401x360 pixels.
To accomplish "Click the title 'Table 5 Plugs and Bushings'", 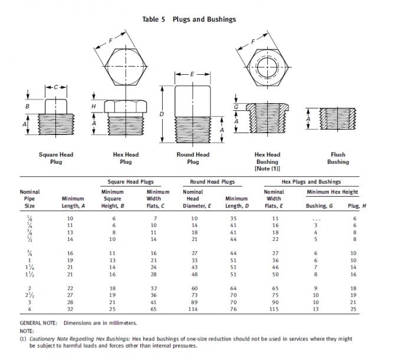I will pos(189,19).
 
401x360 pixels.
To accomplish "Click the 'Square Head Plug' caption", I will pos(56,158).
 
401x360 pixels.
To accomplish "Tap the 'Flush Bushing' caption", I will pos(338,158).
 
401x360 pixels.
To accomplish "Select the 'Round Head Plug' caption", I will pos(193,158).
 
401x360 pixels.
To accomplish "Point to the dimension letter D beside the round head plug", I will pos(162,113).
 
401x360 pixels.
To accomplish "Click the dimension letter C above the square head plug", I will pos(56,87).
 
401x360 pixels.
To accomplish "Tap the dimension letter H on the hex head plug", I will pos(93,106).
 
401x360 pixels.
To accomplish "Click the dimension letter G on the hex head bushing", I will pos(236,107).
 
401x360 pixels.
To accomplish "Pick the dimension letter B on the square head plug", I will pos(27,106).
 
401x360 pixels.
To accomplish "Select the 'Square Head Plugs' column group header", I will pos(131,182).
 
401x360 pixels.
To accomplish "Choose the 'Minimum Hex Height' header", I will pos(332,192).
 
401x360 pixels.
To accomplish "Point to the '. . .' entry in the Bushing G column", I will pos(315,218).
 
